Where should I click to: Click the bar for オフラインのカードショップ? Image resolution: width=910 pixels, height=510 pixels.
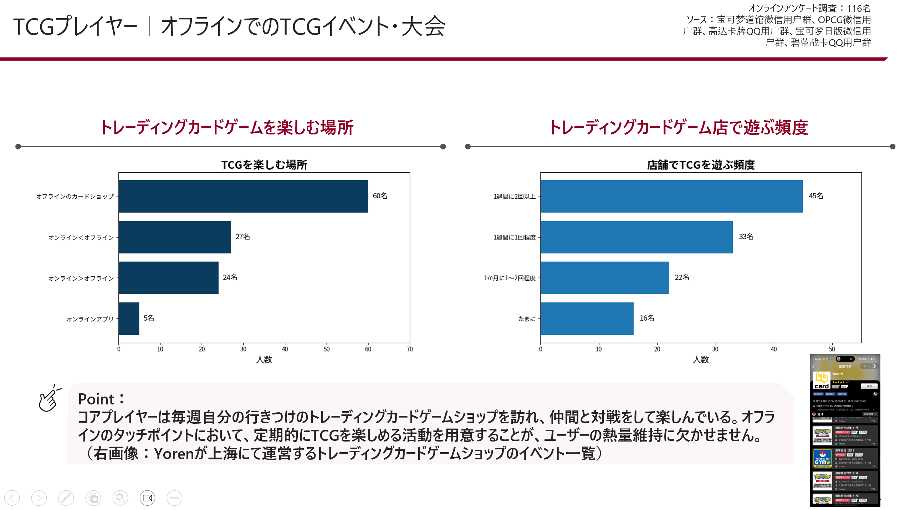click(243, 196)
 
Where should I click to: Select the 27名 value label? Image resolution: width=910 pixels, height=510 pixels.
click(242, 236)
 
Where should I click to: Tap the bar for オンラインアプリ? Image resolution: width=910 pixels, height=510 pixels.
click(129, 318)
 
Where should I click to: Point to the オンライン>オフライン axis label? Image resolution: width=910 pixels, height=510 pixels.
click(81, 278)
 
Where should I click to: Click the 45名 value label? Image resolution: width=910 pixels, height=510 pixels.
click(816, 196)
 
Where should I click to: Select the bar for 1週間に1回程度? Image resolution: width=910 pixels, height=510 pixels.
click(636, 237)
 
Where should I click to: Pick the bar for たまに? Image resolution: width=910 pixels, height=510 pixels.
click(587, 318)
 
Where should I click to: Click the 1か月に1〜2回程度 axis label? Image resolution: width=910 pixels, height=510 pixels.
click(510, 278)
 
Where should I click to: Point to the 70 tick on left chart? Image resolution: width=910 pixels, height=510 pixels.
click(410, 349)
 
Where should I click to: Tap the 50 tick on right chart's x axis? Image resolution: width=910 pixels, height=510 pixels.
click(832, 349)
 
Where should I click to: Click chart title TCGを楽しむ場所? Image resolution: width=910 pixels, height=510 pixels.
click(264, 165)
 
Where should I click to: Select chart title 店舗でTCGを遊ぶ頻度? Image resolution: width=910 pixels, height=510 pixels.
click(701, 165)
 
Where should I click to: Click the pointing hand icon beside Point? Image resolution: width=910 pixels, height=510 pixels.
click(49, 399)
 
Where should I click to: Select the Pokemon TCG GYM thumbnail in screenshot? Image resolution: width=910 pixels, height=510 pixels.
click(822, 458)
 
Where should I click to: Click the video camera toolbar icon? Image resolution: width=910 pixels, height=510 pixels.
click(147, 498)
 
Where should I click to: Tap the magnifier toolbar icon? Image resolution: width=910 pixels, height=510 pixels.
click(120, 498)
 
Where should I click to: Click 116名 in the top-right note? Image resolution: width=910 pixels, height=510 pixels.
click(858, 8)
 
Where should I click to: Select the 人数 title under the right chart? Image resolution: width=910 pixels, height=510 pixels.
click(701, 359)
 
